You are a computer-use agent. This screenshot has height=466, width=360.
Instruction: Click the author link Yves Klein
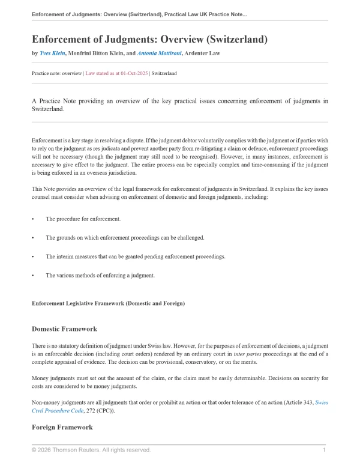(52, 53)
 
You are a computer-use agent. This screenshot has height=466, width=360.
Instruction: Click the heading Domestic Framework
(64, 329)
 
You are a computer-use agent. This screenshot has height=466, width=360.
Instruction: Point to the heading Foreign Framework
(62, 427)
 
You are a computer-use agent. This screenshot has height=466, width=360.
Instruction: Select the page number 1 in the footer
(324, 450)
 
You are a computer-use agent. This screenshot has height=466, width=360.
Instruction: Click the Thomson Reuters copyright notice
(91, 450)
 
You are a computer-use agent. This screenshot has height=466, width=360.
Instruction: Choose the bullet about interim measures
(135, 256)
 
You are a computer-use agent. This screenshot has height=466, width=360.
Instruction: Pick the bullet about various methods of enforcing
(100, 276)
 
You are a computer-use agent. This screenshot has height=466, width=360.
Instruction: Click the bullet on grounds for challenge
(125, 237)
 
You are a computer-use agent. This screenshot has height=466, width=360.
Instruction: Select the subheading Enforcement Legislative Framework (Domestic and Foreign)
(108, 303)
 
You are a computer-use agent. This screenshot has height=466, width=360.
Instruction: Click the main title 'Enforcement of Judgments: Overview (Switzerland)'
(149, 39)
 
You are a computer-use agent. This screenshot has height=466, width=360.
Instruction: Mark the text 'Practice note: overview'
(56, 73)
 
